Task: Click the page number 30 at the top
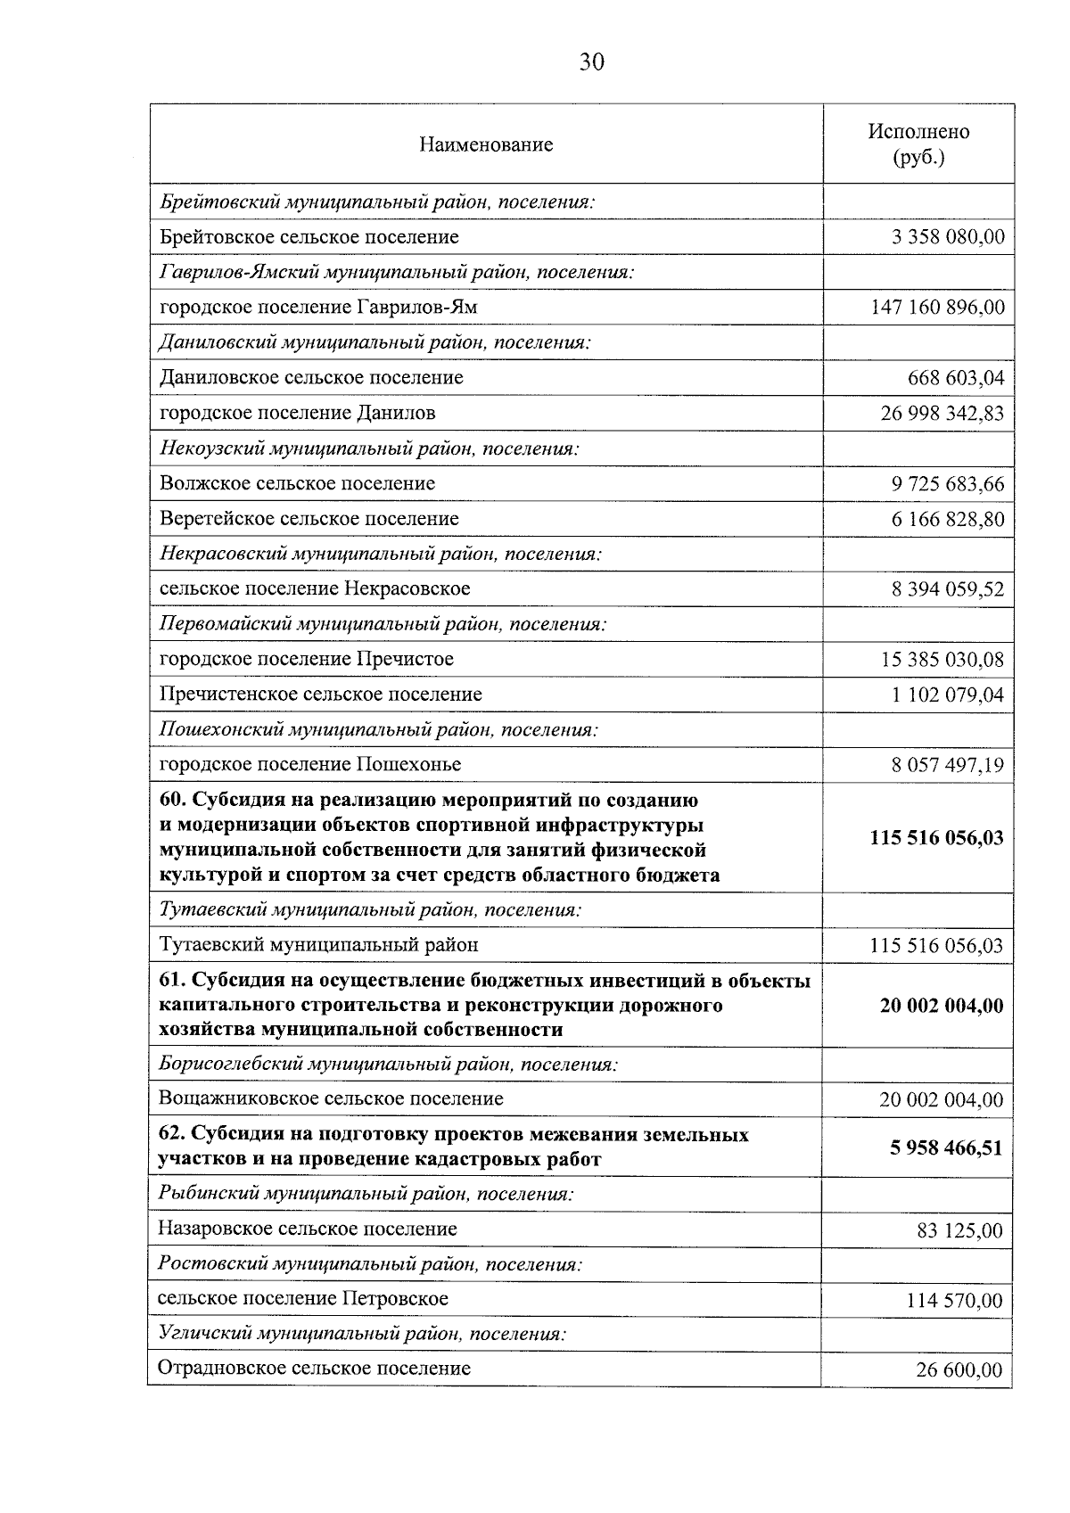click(x=591, y=62)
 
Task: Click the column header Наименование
click(x=486, y=144)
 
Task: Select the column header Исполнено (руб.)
click(x=918, y=144)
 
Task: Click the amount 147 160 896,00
click(x=937, y=308)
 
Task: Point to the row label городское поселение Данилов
click(x=297, y=413)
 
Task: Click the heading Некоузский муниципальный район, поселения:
click(x=369, y=448)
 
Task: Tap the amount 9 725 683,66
click(x=948, y=484)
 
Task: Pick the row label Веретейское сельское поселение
click(x=309, y=519)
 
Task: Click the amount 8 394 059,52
click(x=948, y=589)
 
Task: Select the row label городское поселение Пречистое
click(x=306, y=659)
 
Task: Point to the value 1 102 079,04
click(x=948, y=695)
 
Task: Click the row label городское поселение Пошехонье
click(x=309, y=764)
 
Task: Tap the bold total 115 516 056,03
click(x=936, y=838)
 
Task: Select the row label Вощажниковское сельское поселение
click(x=330, y=1098)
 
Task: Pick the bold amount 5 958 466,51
click(x=946, y=1147)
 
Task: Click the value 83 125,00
click(x=959, y=1231)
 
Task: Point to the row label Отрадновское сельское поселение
click(x=314, y=1369)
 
